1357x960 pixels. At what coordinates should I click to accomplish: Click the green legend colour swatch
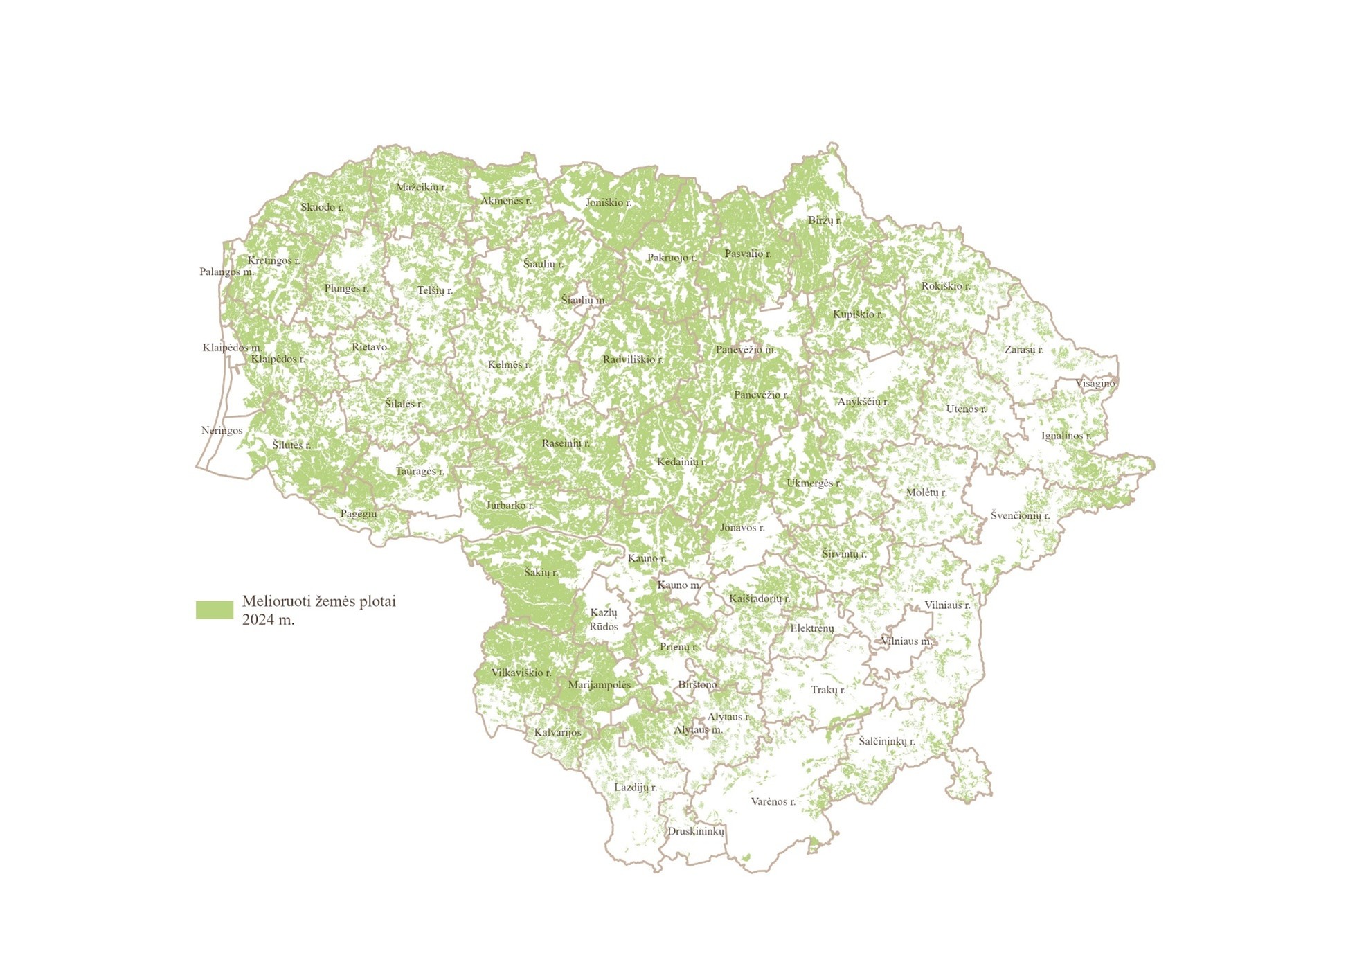[x=215, y=610]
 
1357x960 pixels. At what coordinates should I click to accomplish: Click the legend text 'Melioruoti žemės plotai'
[x=318, y=601]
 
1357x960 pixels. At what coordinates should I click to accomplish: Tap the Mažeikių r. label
[x=421, y=187]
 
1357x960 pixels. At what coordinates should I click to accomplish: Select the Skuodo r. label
[x=322, y=207]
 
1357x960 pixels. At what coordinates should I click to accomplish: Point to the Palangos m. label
[x=226, y=272]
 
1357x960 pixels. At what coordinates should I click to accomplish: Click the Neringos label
[x=222, y=430]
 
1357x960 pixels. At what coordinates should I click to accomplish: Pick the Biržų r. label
[x=824, y=220]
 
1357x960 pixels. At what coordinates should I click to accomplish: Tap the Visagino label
[x=1095, y=383]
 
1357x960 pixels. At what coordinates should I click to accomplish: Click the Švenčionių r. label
[x=1020, y=515]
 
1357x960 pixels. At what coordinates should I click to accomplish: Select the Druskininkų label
[x=696, y=831]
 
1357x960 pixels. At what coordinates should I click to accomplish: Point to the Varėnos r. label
[x=773, y=801]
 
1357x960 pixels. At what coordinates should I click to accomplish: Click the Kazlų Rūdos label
[x=604, y=619]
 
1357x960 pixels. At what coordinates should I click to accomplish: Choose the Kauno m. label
[x=678, y=585]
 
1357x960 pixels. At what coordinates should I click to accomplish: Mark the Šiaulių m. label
[x=584, y=300]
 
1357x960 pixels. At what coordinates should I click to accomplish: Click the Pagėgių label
[x=359, y=513]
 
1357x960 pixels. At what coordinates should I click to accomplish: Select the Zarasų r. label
[x=1023, y=350]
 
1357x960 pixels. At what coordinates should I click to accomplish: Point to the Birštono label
[x=697, y=684]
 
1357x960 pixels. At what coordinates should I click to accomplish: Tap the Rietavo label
[x=369, y=347]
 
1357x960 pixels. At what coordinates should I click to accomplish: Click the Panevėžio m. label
[x=746, y=350]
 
